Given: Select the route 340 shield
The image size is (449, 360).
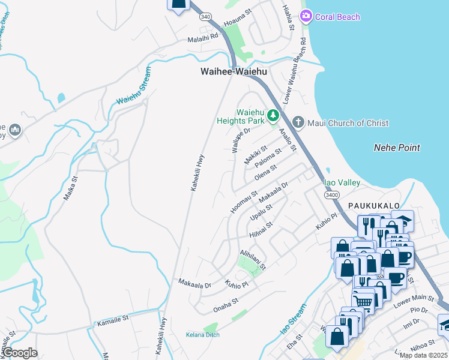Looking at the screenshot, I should click(205, 17).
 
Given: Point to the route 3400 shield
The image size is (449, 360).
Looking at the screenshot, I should click(331, 195).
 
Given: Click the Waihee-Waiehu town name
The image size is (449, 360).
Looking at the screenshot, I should click(234, 71).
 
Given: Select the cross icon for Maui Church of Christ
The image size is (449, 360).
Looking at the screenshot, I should click(298, 123).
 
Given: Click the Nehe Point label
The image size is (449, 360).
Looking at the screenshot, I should click(397, 148).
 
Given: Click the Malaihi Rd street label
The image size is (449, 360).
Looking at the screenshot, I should click(203, 36).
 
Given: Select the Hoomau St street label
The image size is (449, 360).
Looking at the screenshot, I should click(244, 202).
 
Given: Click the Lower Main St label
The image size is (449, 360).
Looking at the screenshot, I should click(414, 298).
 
